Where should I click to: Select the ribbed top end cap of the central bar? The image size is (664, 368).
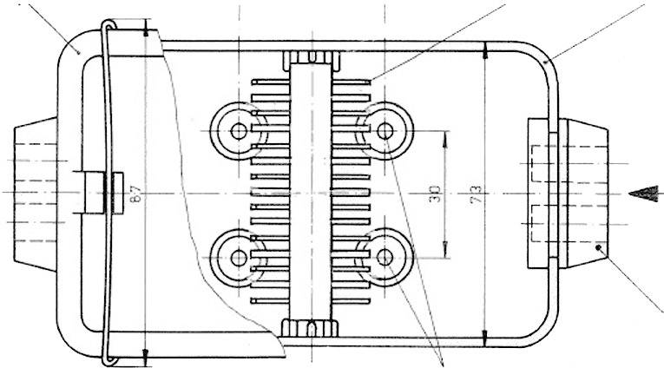(311, 58)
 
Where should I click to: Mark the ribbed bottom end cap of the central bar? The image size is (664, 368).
(311, 327)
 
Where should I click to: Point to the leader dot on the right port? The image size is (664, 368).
(600, 248)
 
